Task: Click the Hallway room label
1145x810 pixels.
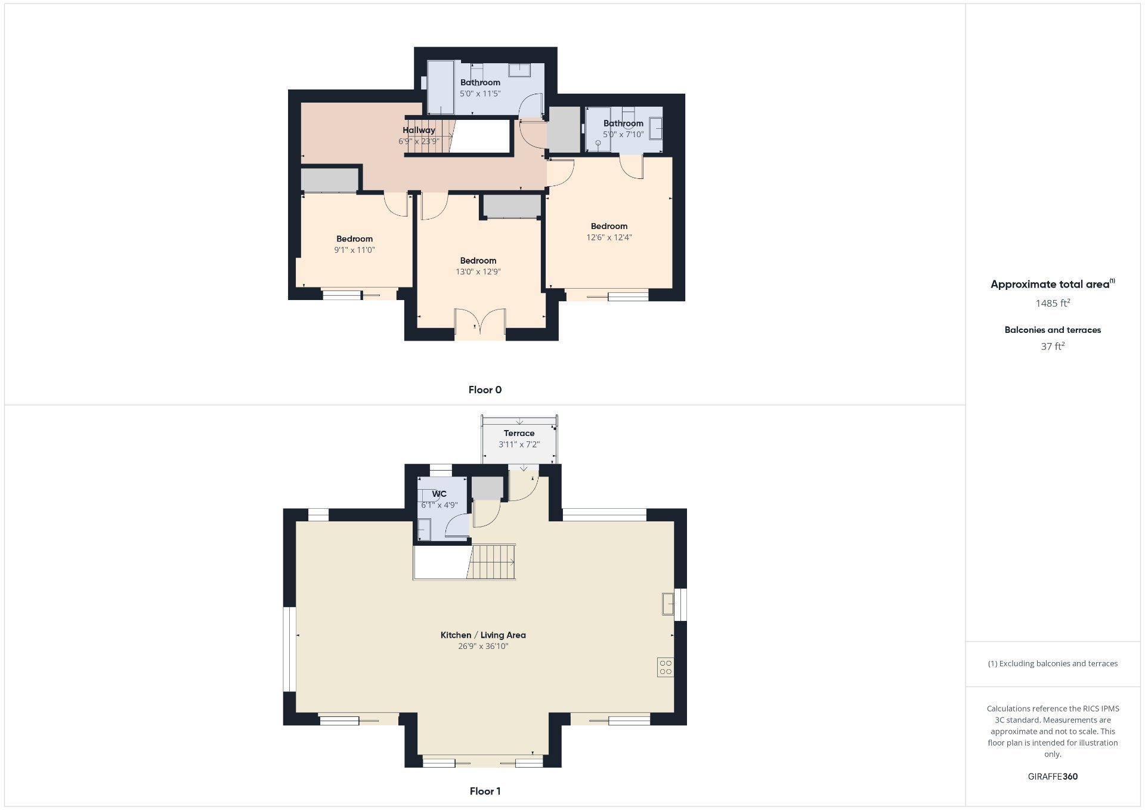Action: pyautogui.click(x=419, y=130)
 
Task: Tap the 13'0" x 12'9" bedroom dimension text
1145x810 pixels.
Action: pyautogui.click(x=478, y=272)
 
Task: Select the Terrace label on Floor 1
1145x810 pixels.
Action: pyautogui.click(x=519, y=434)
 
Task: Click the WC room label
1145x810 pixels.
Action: pyautogui.click(x=439, y=494)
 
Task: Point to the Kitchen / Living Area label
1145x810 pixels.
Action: pyautogui.click(x=483, y=635)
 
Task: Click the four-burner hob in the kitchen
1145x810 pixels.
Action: pyautogui.click(x=666, y=667)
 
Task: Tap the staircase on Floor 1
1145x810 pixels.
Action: pyautogui.click(x=491, y=561)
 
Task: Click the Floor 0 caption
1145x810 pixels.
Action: pyautogui.click(x=485, y=390)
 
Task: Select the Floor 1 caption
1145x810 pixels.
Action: pyautogui.click(x=485, y=792)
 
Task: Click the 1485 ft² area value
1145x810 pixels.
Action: pyautogui.click(x=1053, y=303)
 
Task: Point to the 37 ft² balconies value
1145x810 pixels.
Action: pyautogui.click(x=1053, y=346)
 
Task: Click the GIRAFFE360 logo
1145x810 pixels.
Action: pyautogui.click(x=1053, y=777)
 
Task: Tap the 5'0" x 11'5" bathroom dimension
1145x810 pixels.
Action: pyautogui.click(x=480, y=94)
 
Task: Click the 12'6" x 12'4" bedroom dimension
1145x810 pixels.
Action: pyautogui.click(x=609, y=237)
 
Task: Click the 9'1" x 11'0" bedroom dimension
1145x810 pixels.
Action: pyautogui.click(x=354, y=251)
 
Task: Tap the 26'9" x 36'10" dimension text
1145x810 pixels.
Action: pyautogui.click(x=483, y=647)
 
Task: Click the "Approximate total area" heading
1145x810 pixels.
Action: pyautogui.click(x=1053, y=284)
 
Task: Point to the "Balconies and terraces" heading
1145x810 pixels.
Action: pyautogui.click(x=1053, y=330)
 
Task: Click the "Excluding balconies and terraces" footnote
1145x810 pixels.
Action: pyautogui.click(x=1053, y=663)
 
